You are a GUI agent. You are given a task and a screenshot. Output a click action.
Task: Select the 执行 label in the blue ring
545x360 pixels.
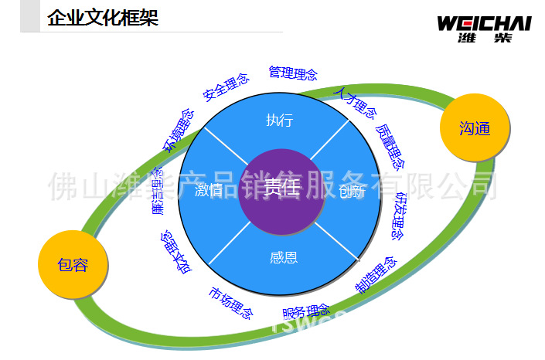(x=279, y=120)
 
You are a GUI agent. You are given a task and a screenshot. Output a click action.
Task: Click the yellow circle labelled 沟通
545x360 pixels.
(x=475, y=128)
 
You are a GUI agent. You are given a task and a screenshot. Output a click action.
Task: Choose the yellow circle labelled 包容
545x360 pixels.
(x=73, y=265)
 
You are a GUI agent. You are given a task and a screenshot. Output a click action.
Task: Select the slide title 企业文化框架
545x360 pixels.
(x=103, y=18)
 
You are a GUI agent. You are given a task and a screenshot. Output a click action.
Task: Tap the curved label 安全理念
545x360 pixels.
(x=227, y=87)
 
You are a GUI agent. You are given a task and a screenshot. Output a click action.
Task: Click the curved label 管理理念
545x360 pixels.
(x=293, y=73)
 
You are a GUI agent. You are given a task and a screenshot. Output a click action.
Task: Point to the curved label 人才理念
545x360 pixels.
(x=354, y=103)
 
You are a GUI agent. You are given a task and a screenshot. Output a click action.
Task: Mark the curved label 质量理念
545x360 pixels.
(x=390, y=146)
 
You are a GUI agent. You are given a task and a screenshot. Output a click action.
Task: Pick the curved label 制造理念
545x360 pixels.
(x=376, y=274)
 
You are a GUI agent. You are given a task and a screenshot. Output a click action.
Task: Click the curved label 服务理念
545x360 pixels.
(x=306, y=312)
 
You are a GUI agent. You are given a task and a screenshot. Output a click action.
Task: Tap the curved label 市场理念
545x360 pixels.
(x=230, y=303)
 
